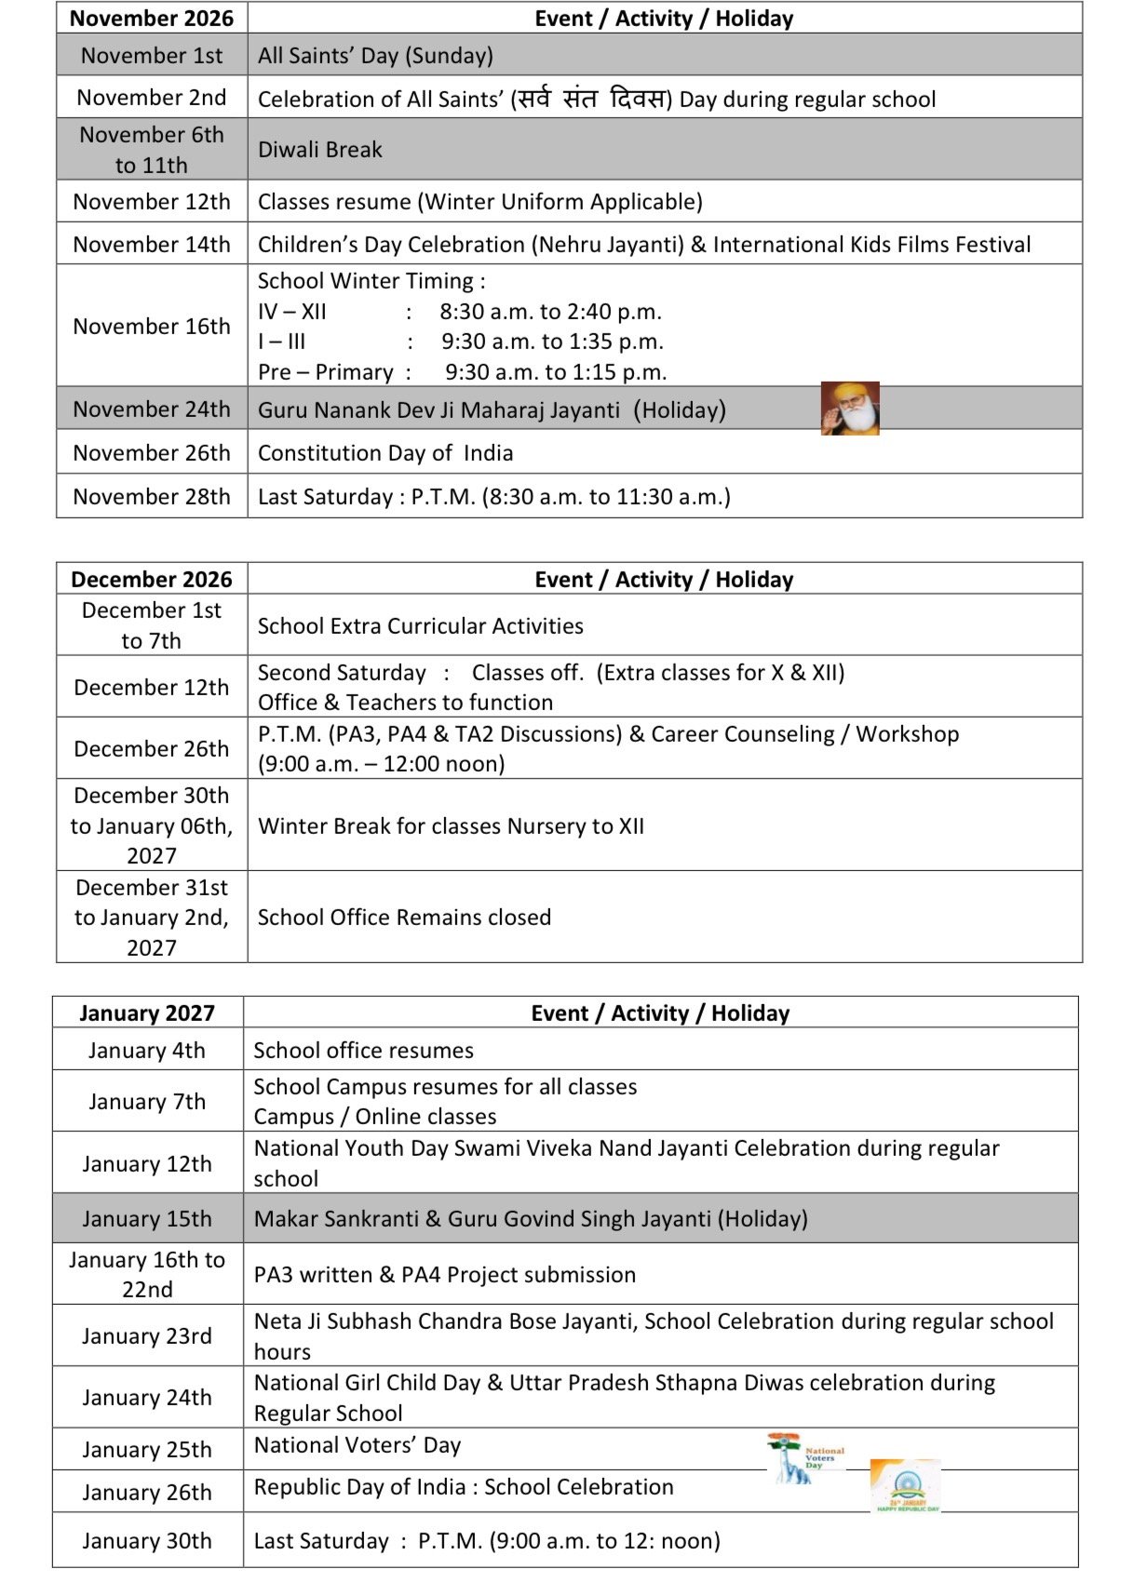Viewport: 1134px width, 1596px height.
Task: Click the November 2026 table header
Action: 151,19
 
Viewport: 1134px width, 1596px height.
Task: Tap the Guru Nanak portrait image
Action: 849,409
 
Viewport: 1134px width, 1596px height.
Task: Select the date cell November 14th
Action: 151,245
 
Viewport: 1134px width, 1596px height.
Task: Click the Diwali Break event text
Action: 319,150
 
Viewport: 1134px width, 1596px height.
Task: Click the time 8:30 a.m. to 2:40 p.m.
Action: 550,312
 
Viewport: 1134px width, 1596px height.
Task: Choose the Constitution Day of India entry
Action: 385,453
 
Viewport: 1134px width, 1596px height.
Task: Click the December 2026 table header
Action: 151,580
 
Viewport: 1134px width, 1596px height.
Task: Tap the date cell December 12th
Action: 151,688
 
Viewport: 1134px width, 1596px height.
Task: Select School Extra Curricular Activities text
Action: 420,626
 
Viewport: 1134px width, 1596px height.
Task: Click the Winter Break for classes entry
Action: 451,826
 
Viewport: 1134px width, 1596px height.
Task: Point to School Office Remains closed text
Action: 404,918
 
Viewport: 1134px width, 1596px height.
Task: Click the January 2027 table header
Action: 147,1013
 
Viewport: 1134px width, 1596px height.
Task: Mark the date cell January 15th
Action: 147,1219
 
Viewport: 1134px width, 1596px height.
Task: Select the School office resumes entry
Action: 363,1051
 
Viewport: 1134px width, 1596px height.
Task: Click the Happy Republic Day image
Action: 905,1486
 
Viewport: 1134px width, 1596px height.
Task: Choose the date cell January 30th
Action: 147,1541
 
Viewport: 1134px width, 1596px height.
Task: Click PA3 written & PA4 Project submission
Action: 444,1275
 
